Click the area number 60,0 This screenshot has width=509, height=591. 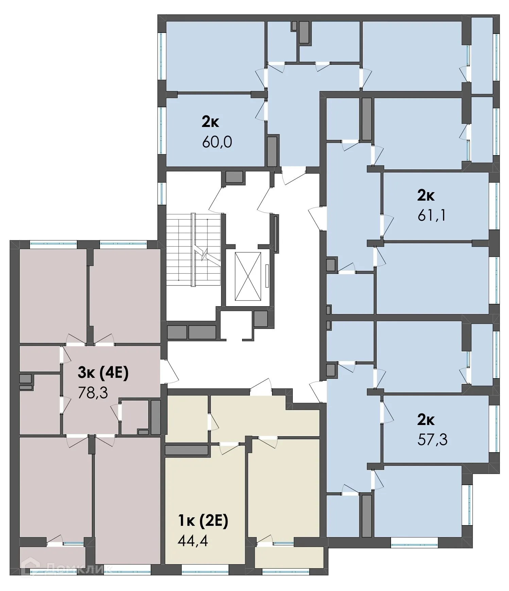click(x=217, y=142)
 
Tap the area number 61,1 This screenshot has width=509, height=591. click(x=431, y=215)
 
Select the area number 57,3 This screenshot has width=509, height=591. click(x=432, y=440)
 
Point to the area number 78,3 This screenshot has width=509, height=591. click(x=93, y=393)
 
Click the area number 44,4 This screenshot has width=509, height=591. click(x=192, y=540)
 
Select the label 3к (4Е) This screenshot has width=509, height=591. click(x=103, y=373)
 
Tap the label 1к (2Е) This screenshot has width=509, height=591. click(x=203, y=521)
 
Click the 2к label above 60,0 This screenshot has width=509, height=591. click(x=210, y=122)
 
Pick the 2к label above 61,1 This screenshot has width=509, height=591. click(x=426, y=195)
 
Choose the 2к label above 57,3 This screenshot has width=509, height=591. click(x=426, y=420)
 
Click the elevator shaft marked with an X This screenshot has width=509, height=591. click(x=248, y=276)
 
